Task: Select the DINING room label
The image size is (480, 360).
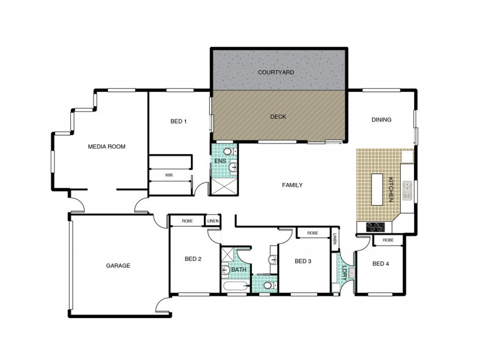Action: coord(381,120)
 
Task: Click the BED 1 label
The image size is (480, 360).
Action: coord(179,122)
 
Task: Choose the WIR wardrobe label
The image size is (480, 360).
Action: coord(170,175)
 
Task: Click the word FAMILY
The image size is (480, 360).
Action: coord(292,185)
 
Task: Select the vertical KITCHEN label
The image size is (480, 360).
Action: coord(390,188)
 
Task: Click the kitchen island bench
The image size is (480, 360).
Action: coord(377,189)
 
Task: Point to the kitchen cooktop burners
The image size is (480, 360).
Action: coord(375,227)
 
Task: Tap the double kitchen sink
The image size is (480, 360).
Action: coord(407,190)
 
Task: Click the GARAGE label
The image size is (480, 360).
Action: coord(118,265)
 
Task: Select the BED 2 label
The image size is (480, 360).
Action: coord(193,259)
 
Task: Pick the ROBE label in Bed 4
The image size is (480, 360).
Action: coord(388,240)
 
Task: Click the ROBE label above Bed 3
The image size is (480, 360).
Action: coord(312,233)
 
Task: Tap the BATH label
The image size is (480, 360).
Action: coord(238,270)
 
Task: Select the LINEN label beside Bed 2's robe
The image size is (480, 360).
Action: coord(213,221)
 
